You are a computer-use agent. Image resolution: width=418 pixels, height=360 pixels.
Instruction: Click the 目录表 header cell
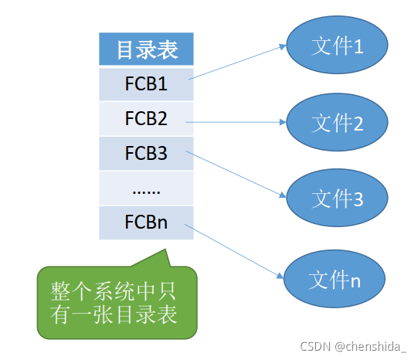(x=146, y=50)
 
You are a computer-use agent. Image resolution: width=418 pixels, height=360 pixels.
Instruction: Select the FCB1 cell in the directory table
(x=146, y=83)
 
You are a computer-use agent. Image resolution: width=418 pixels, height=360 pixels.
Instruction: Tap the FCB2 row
(x=146, y=118)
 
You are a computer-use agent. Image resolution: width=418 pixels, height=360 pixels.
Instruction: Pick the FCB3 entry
(x=146, y=153)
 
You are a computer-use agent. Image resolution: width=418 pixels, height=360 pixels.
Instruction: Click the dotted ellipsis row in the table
(x=146, y=188)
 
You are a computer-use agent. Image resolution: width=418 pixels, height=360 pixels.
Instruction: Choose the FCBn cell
(x=146, y=222)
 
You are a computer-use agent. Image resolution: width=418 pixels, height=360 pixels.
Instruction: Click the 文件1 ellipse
(x=336, y=46)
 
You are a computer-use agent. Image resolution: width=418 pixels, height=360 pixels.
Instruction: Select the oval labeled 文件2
(x=336, y=122)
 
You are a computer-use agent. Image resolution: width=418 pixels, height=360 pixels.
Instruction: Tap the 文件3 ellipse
(x=336, y=199)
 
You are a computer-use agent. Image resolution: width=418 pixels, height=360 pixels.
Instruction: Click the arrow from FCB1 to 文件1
(x=236, y=62)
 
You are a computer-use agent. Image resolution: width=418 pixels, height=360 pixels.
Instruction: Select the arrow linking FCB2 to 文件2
(x=236, y=121)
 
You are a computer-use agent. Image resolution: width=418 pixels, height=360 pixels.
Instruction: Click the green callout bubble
(x=116, y=304)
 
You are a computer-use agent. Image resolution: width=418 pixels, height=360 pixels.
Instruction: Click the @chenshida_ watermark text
(x=369, y=347)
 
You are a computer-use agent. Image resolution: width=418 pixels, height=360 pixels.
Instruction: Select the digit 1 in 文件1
(x=359, y=47)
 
